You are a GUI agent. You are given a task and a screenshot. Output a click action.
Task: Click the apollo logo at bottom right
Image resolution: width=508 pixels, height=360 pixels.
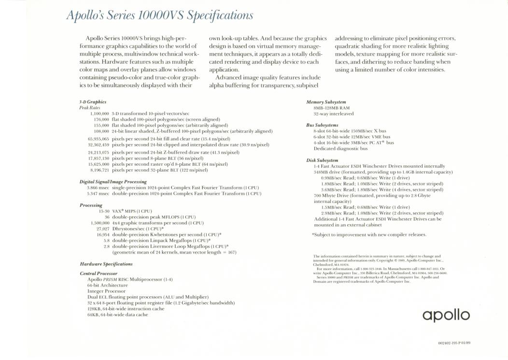(x=446, y=315)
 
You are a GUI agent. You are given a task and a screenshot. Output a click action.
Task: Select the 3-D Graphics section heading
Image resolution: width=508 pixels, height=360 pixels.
(x=93, y=102)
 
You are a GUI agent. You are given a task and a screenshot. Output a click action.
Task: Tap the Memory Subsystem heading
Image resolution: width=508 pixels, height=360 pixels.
(x=326, y=102)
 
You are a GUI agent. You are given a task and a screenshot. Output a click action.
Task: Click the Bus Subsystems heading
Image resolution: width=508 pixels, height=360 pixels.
(x=322, y=125)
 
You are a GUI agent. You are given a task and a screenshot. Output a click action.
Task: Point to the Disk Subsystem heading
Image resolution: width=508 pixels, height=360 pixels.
(x=322, y=160)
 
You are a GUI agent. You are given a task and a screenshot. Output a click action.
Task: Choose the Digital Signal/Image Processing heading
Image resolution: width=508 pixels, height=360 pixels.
(x=113, y=182)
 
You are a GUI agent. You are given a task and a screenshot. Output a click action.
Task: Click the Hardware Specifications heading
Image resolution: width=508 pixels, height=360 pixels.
(x=106, y=264)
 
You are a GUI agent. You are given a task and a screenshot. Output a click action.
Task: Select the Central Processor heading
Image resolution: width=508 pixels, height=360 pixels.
(x=99, y=274)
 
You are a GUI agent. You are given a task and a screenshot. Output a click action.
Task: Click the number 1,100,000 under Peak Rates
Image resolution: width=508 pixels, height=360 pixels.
(x=99, y=113)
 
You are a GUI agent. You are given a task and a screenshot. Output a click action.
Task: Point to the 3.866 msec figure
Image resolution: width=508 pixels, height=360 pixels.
(x=98, y=187)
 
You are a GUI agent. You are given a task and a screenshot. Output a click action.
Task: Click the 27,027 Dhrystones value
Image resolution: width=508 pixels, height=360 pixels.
(x=102, y=229)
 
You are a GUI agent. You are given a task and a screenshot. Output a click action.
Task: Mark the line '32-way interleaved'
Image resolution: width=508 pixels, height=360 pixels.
(x=333, y=114)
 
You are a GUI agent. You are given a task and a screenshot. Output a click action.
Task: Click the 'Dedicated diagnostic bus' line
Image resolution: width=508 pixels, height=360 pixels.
(x=340, y=148)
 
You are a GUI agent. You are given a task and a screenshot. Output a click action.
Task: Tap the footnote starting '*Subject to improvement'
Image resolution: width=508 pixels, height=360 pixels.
(x=369, y=235)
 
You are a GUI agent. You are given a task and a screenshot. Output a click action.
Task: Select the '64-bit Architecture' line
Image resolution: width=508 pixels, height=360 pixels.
(x=107, y=285)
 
